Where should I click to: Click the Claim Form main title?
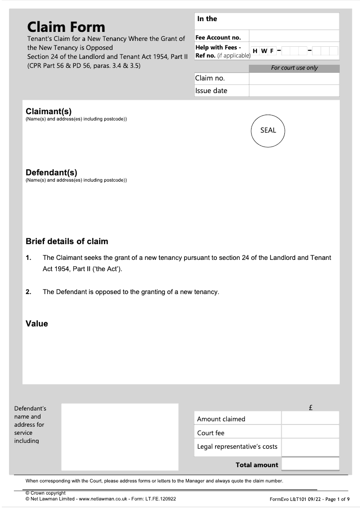66,27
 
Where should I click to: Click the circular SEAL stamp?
268,130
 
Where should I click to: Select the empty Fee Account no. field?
293,36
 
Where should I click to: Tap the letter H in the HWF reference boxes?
255,51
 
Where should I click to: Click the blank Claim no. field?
293,78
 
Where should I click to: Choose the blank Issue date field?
293,90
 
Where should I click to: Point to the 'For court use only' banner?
294,68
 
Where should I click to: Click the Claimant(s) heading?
49,112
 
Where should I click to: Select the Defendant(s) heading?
51,172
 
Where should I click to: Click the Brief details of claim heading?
67,241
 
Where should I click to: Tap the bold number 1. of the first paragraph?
28,258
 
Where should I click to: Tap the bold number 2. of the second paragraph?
28,292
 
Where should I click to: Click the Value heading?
36,324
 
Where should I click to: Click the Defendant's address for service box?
120,437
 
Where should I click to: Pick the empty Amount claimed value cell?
310,418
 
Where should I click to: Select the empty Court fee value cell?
310,432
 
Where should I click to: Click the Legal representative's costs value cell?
310,447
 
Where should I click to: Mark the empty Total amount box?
310,464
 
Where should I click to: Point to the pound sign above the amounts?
310,408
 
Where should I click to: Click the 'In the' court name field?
266,21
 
